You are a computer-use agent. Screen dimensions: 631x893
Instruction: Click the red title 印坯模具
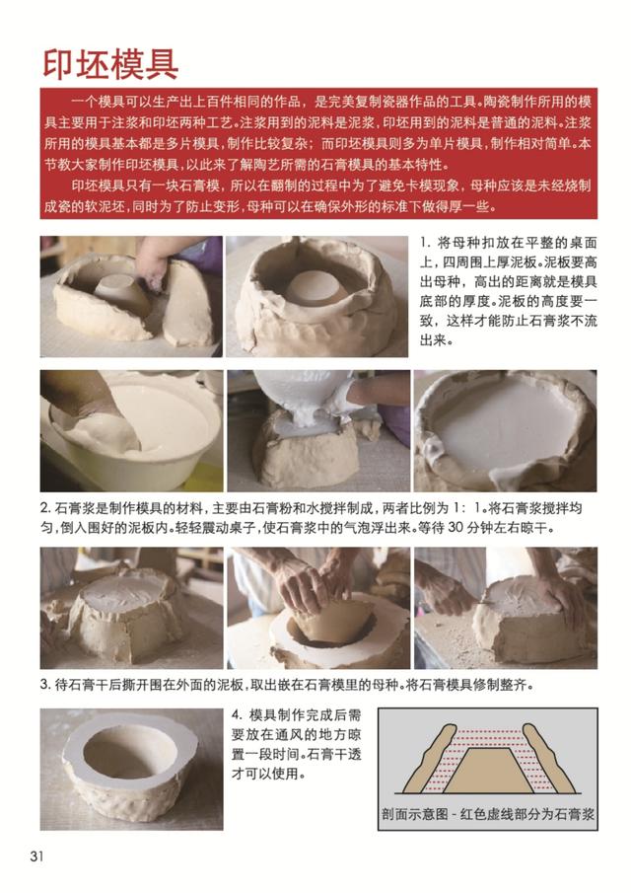(110, 64)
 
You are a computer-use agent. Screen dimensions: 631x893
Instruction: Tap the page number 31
(36, 856)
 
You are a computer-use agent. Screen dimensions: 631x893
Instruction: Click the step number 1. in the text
(426, 243)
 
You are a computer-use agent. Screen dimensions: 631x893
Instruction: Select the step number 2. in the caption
(45, 508)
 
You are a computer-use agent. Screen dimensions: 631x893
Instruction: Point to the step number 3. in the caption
(45, 684)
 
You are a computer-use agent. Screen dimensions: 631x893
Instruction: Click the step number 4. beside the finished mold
(238, 714)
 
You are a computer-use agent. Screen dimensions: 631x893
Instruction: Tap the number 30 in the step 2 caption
(456, 527)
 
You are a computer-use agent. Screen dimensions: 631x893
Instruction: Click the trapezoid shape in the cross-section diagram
(488, 771)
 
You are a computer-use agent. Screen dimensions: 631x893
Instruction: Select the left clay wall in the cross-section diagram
(430, 759)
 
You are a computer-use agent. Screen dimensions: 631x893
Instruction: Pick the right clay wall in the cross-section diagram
(547, 759)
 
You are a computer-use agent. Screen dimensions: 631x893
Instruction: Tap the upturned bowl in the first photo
(118, 290)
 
